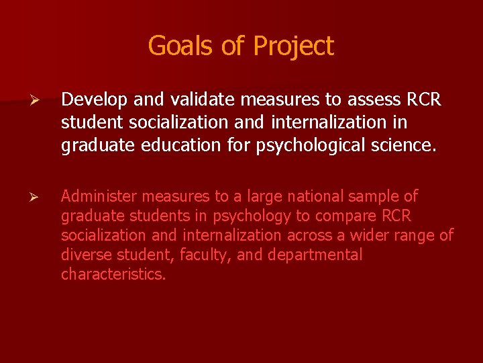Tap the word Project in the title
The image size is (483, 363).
[293, 46]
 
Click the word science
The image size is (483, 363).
[406, 145]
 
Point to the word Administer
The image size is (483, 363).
[98, 196]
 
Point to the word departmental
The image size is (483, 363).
[315, 255]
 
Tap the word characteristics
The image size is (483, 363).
[113, 274]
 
